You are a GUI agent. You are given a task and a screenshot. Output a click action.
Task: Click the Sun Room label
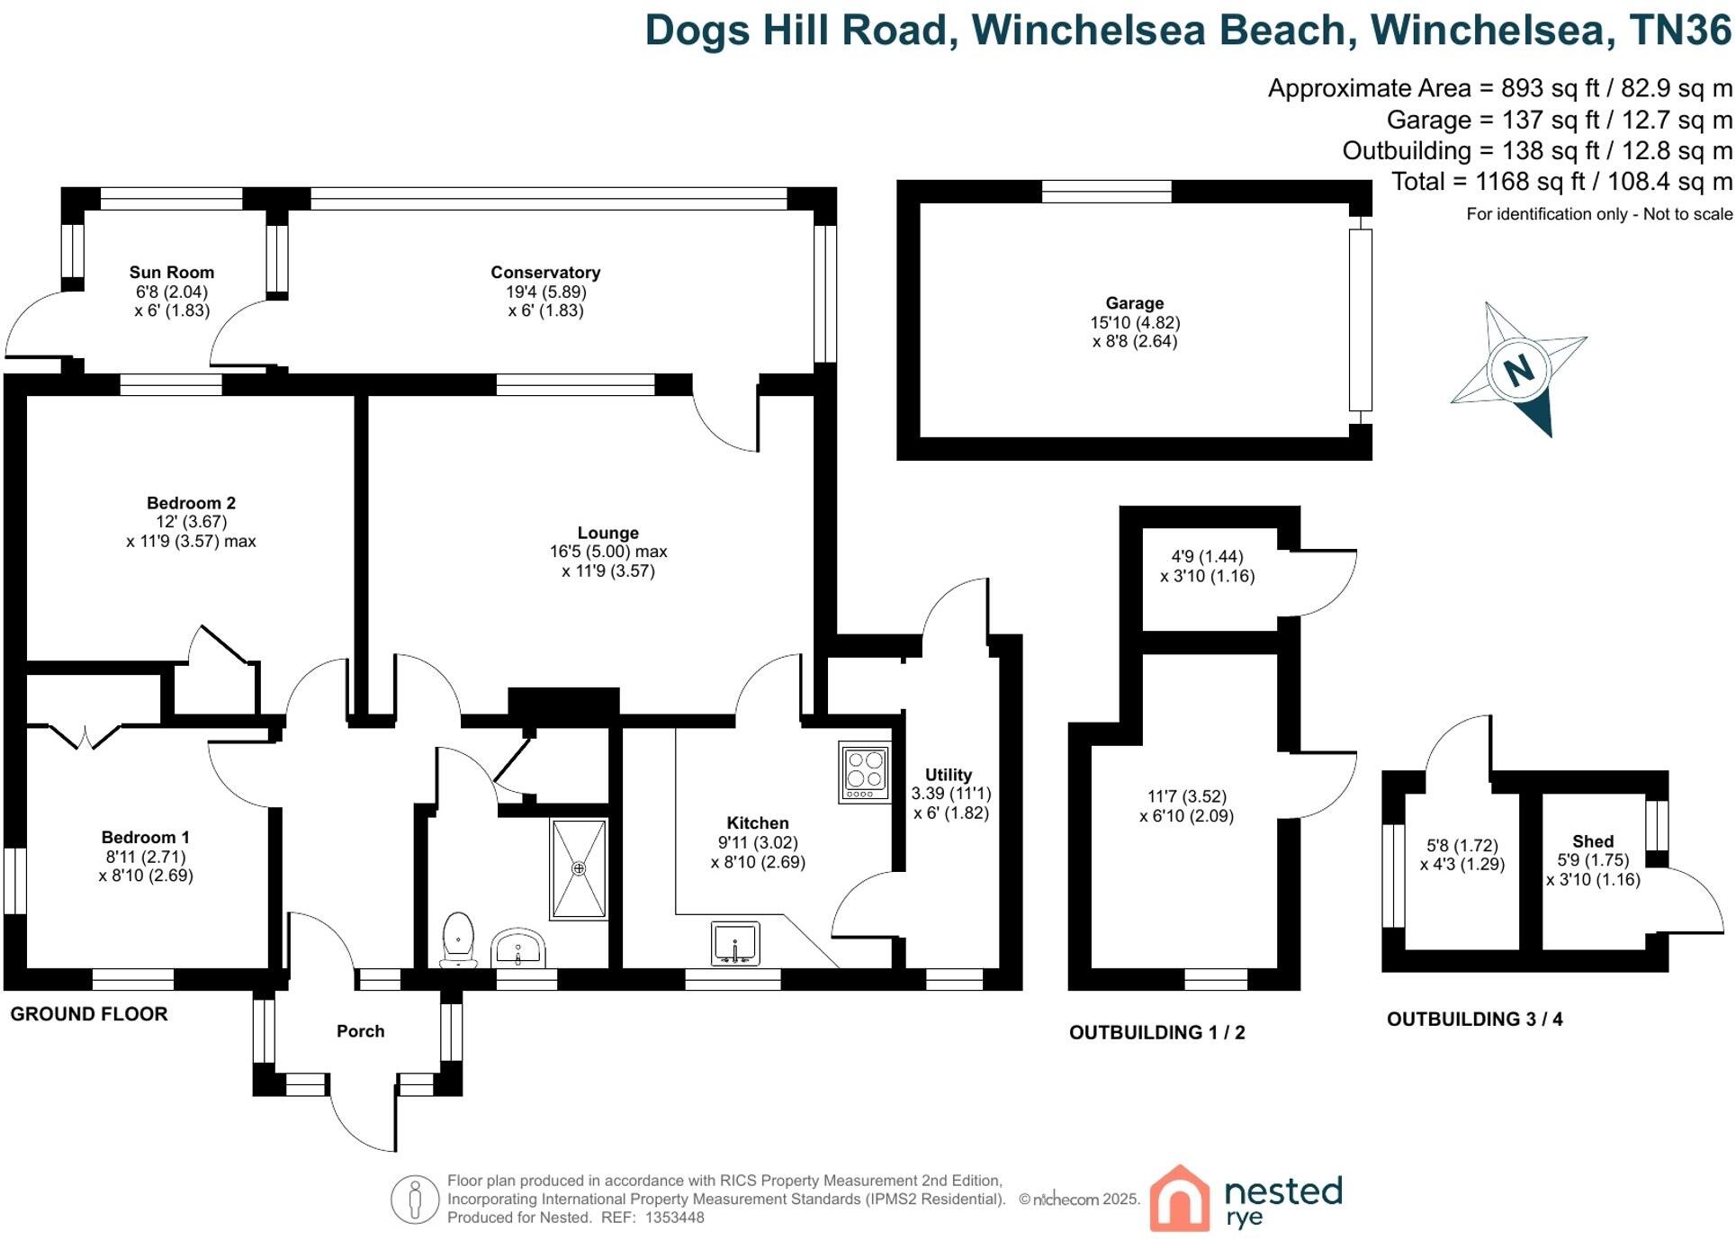coord(171,272)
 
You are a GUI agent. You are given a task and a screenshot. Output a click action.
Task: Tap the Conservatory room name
coord(544,272)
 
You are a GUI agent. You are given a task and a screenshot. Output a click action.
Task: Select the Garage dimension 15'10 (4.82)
coord(1134,322)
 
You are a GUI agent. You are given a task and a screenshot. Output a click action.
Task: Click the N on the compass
coord(1518,370)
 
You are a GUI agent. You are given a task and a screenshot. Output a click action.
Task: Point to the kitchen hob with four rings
coord(865,771)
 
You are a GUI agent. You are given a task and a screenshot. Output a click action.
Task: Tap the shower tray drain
coord(579,868)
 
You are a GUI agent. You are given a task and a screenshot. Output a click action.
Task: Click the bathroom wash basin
coord(518,948)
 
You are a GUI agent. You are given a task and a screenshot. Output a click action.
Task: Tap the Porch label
coord(360,1031)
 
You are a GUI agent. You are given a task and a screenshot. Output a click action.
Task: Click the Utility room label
coord(948,775)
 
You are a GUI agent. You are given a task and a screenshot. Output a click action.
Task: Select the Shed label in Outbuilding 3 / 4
coord(1592,841)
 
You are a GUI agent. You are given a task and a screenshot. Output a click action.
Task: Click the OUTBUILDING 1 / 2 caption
coord(1156,1032)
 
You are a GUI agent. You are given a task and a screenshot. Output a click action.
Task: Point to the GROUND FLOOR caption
coord(89,1014)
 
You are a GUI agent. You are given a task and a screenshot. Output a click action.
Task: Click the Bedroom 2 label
coord(191,503)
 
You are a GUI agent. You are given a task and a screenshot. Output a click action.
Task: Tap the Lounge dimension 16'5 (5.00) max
coord(608,552)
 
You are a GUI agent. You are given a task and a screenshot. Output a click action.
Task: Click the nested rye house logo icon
coord(1179,1199)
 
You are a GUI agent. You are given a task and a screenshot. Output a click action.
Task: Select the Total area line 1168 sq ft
coord(1561,182)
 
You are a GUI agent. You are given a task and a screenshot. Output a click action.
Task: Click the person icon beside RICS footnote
coord(414,1199)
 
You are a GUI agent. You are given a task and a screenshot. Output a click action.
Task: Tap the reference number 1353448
coord(674,1218)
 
